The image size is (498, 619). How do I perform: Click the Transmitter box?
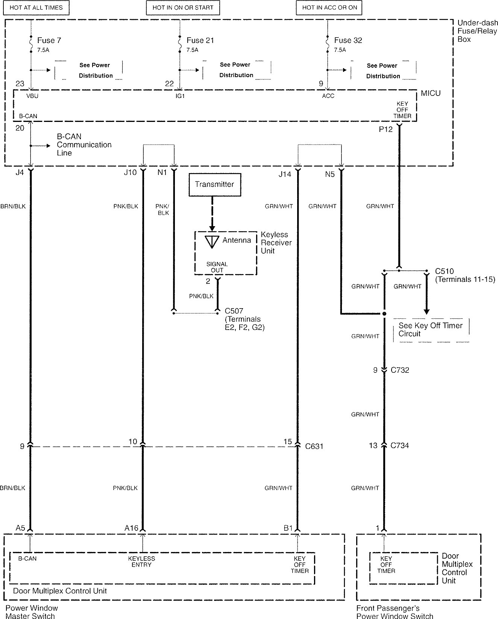215,185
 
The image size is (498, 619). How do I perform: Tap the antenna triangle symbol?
212,242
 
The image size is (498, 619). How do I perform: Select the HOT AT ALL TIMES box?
36,8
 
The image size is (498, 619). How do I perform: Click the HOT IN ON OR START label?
183,8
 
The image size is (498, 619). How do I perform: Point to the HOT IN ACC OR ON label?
329,8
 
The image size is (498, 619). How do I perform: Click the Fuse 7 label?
49,40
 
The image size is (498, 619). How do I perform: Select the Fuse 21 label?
200,40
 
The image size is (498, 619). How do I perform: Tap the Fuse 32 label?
348,40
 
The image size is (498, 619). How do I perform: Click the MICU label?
431,93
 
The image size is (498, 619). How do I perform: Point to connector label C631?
314,446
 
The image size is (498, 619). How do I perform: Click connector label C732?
400,370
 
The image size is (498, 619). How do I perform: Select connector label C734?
400,446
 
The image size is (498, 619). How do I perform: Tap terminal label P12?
386,129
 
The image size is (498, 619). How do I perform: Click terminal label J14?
285,174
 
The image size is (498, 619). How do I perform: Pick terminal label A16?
131,528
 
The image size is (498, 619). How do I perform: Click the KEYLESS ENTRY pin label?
141,561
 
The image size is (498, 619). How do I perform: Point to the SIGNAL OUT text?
217,267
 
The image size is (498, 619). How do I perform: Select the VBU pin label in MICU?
32,96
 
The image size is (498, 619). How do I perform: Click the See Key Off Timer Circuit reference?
430,330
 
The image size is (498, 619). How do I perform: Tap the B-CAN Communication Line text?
84,144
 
